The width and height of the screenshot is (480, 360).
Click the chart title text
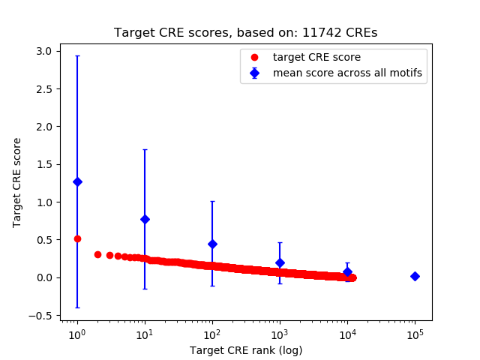click(245, 33)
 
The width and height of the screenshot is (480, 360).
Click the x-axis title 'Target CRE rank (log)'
click(245, 349)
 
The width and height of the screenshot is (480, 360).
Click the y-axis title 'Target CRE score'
click(17, 182)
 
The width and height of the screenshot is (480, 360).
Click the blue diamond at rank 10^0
click(77, 181)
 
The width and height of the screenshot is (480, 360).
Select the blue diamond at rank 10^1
click(145, 219)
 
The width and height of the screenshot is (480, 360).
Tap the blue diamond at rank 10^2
click(212, 244)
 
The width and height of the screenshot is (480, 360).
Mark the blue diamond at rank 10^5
click(415, 276)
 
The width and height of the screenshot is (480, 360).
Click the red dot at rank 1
click(77, 238)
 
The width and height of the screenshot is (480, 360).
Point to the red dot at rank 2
click(97, 254)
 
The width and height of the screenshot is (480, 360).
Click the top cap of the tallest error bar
click(77, 55)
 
